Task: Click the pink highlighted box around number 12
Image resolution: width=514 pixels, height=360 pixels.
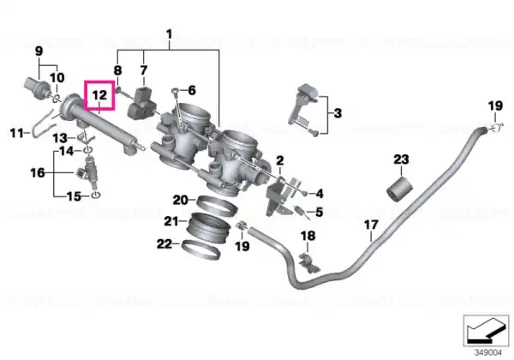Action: pos(85,95)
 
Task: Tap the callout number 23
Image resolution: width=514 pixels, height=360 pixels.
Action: pos(401,159)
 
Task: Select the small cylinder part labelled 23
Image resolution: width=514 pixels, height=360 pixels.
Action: pos(399,189)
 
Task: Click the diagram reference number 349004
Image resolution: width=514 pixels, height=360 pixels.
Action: pos(488,352)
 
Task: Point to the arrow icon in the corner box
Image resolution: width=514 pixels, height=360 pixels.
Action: pos(486,331)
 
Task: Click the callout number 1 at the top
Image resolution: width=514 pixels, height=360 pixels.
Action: pos(169,34)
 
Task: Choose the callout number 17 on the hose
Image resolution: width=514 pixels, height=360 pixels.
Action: pos(371,225)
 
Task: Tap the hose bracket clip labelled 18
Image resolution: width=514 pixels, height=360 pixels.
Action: pos(308,261)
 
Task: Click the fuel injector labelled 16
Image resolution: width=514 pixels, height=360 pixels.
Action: pos(88,172)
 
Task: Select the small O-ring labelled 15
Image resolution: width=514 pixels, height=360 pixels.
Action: pos(95,195)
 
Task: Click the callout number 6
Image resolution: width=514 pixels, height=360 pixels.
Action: pos(191,90)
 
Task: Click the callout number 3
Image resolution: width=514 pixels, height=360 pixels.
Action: pos(338,113)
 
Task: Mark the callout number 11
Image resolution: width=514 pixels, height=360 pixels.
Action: pos(17,134)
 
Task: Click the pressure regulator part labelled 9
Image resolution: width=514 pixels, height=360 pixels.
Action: pos(37,87)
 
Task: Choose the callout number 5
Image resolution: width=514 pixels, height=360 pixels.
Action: pos(320,212)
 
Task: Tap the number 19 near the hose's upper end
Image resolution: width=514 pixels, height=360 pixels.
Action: pos(495,105)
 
